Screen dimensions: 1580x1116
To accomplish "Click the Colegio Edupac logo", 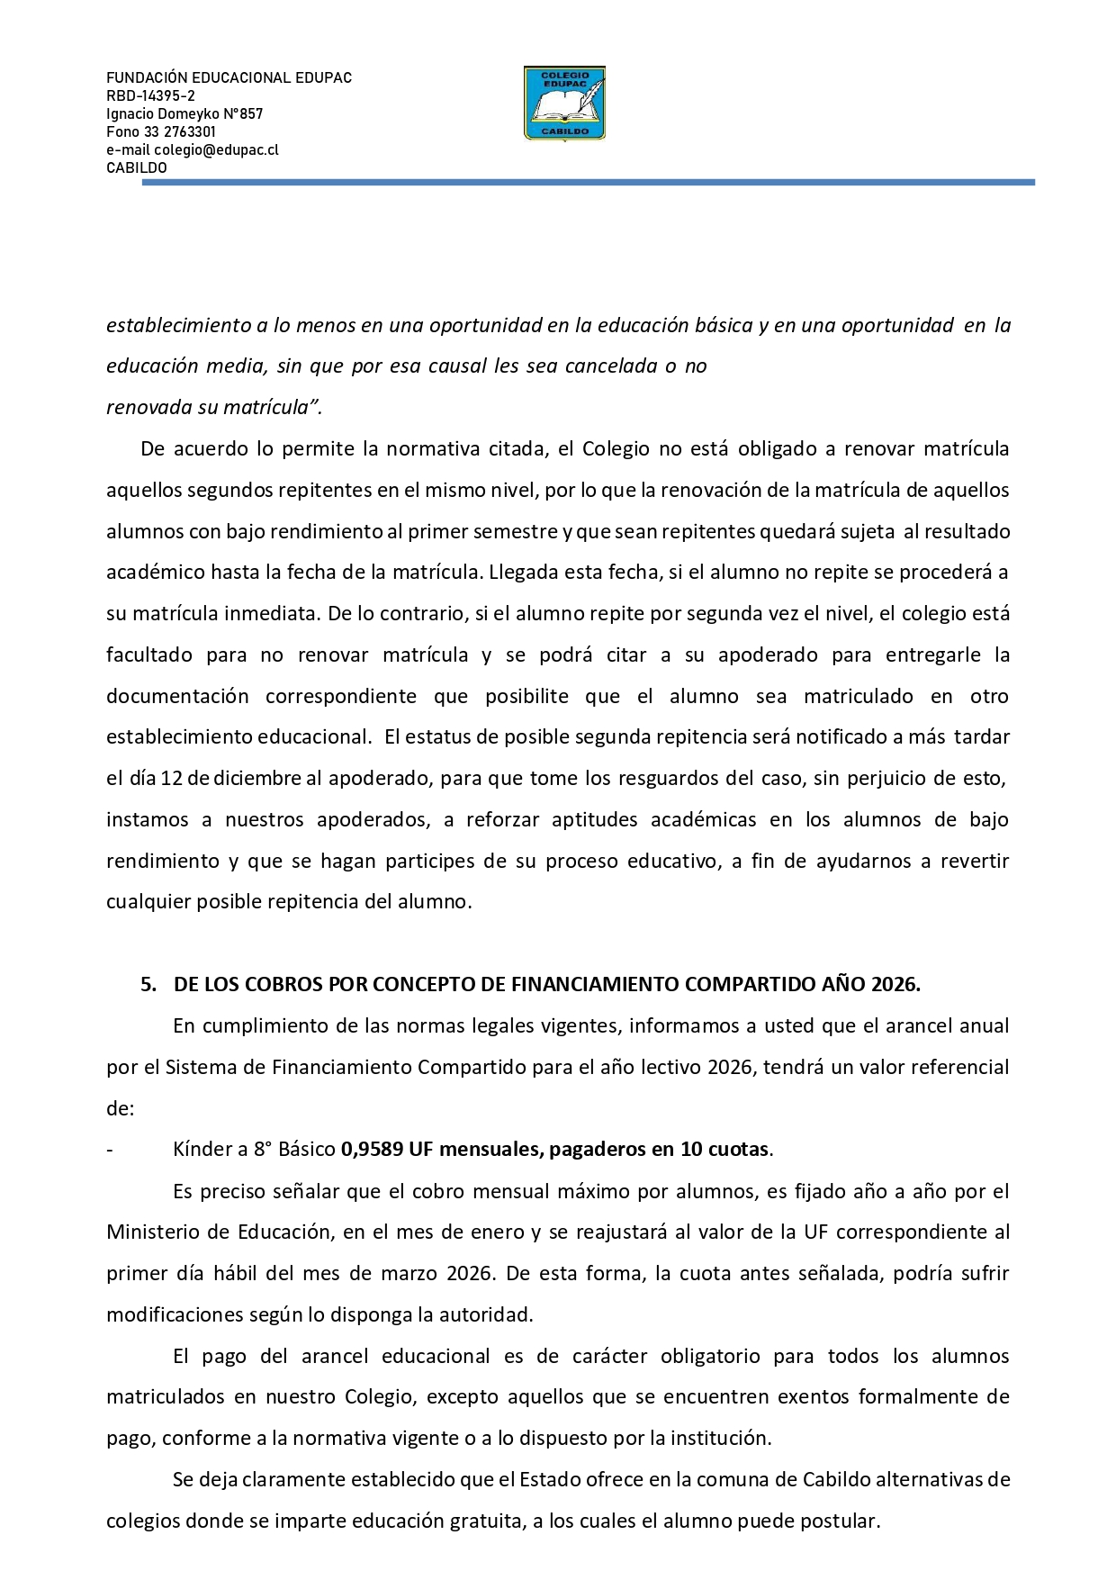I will click(x=564, y=104).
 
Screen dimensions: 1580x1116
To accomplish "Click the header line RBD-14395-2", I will click(x=150, y=96).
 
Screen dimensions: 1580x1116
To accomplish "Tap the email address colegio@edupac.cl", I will click(x=216, y=150).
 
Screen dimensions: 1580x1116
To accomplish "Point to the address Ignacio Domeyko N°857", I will click(x=184, y=114).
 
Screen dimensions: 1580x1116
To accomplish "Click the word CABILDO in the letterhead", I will click(x=137, y=168).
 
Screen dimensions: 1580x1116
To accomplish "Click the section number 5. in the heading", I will click(x=148, y=985).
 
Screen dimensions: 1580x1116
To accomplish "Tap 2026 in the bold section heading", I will click(x=895, y=985).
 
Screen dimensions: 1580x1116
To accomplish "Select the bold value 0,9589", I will click(x=372, y=1150).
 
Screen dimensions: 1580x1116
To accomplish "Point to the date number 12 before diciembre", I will click(x=171, y=779).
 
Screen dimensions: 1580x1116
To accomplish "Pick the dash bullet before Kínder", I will click(x=110, y=1150).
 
